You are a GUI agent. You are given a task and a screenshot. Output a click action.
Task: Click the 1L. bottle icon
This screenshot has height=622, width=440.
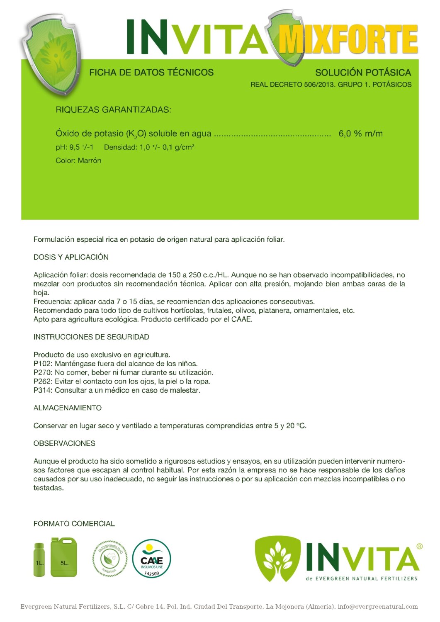coord(39,560)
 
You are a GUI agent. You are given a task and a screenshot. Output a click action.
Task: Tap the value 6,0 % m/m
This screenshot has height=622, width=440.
coord(360,134)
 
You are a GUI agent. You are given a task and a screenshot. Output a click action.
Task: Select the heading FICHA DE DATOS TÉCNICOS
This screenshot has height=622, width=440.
coord(151,73)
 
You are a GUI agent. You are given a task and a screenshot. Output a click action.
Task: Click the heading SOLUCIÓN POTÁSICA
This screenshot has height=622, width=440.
coord(363,73)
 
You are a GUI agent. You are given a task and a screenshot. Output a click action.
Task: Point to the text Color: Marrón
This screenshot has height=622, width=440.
coord(78,160)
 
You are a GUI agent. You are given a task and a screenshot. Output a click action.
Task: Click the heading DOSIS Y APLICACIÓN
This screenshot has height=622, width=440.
coord(71,257)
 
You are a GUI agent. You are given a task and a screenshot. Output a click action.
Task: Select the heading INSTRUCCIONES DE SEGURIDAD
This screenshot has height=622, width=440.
coord(91,337)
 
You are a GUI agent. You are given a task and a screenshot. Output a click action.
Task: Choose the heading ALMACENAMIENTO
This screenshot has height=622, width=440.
coord(67,408)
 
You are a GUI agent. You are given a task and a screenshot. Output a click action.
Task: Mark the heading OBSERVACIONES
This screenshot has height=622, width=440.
coord(64,443)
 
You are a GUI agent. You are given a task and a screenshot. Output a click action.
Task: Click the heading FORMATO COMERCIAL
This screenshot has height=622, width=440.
coord(74,524)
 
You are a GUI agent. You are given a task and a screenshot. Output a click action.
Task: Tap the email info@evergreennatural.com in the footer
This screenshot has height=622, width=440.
coord(377,607)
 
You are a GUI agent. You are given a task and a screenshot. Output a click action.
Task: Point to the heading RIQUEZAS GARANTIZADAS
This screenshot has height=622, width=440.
coord(113,110)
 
